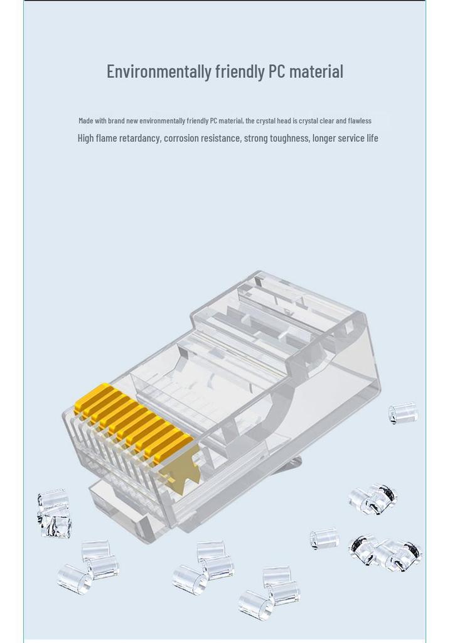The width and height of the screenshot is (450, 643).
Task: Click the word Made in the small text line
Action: (85, 121)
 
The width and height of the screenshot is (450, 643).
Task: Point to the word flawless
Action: (360, 121)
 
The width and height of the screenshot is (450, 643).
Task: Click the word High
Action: (85, 138)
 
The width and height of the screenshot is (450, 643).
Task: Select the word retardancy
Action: (140, 138)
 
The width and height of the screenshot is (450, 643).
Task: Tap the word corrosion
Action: (181, 138)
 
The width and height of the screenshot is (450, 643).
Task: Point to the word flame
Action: (107, 138)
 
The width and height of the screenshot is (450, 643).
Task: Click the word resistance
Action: (222, 138)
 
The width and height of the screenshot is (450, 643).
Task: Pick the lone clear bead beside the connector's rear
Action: (404, 413)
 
